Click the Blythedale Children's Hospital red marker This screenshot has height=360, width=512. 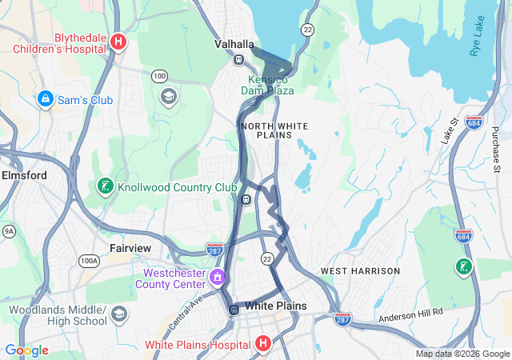[118, 42]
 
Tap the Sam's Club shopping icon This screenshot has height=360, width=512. [46, 99]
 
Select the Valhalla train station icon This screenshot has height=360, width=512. [238, 59]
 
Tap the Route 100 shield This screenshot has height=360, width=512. [159, 76]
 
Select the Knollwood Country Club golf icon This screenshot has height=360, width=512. [104, 187]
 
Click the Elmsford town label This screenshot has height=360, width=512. [24, 174]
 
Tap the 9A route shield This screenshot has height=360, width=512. [9, 232]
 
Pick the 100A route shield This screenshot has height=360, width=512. [89, 260]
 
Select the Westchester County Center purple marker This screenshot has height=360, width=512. [217, 278]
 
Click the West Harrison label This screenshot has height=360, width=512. [360, 271]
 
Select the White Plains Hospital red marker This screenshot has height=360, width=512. [263, 344]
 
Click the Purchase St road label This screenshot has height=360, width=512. [496, 148]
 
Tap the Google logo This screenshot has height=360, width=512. [26, 350]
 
